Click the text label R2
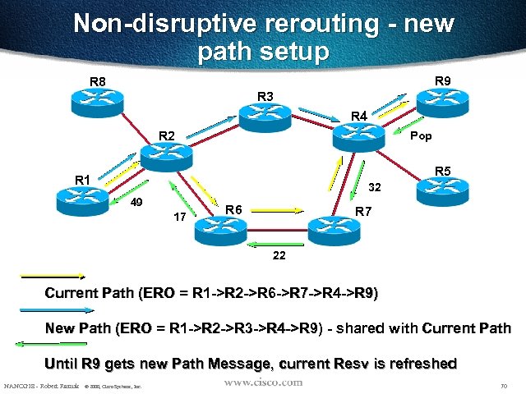pyautogui.click(x=167, y=135)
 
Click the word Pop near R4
pyautogui.click(x=420, y=136)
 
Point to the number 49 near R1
pyautogui.click(x=138, y=202)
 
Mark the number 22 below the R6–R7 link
pyautogui.click(x=279, y=255)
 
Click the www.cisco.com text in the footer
pyautogui.click(x=262, y=383)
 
